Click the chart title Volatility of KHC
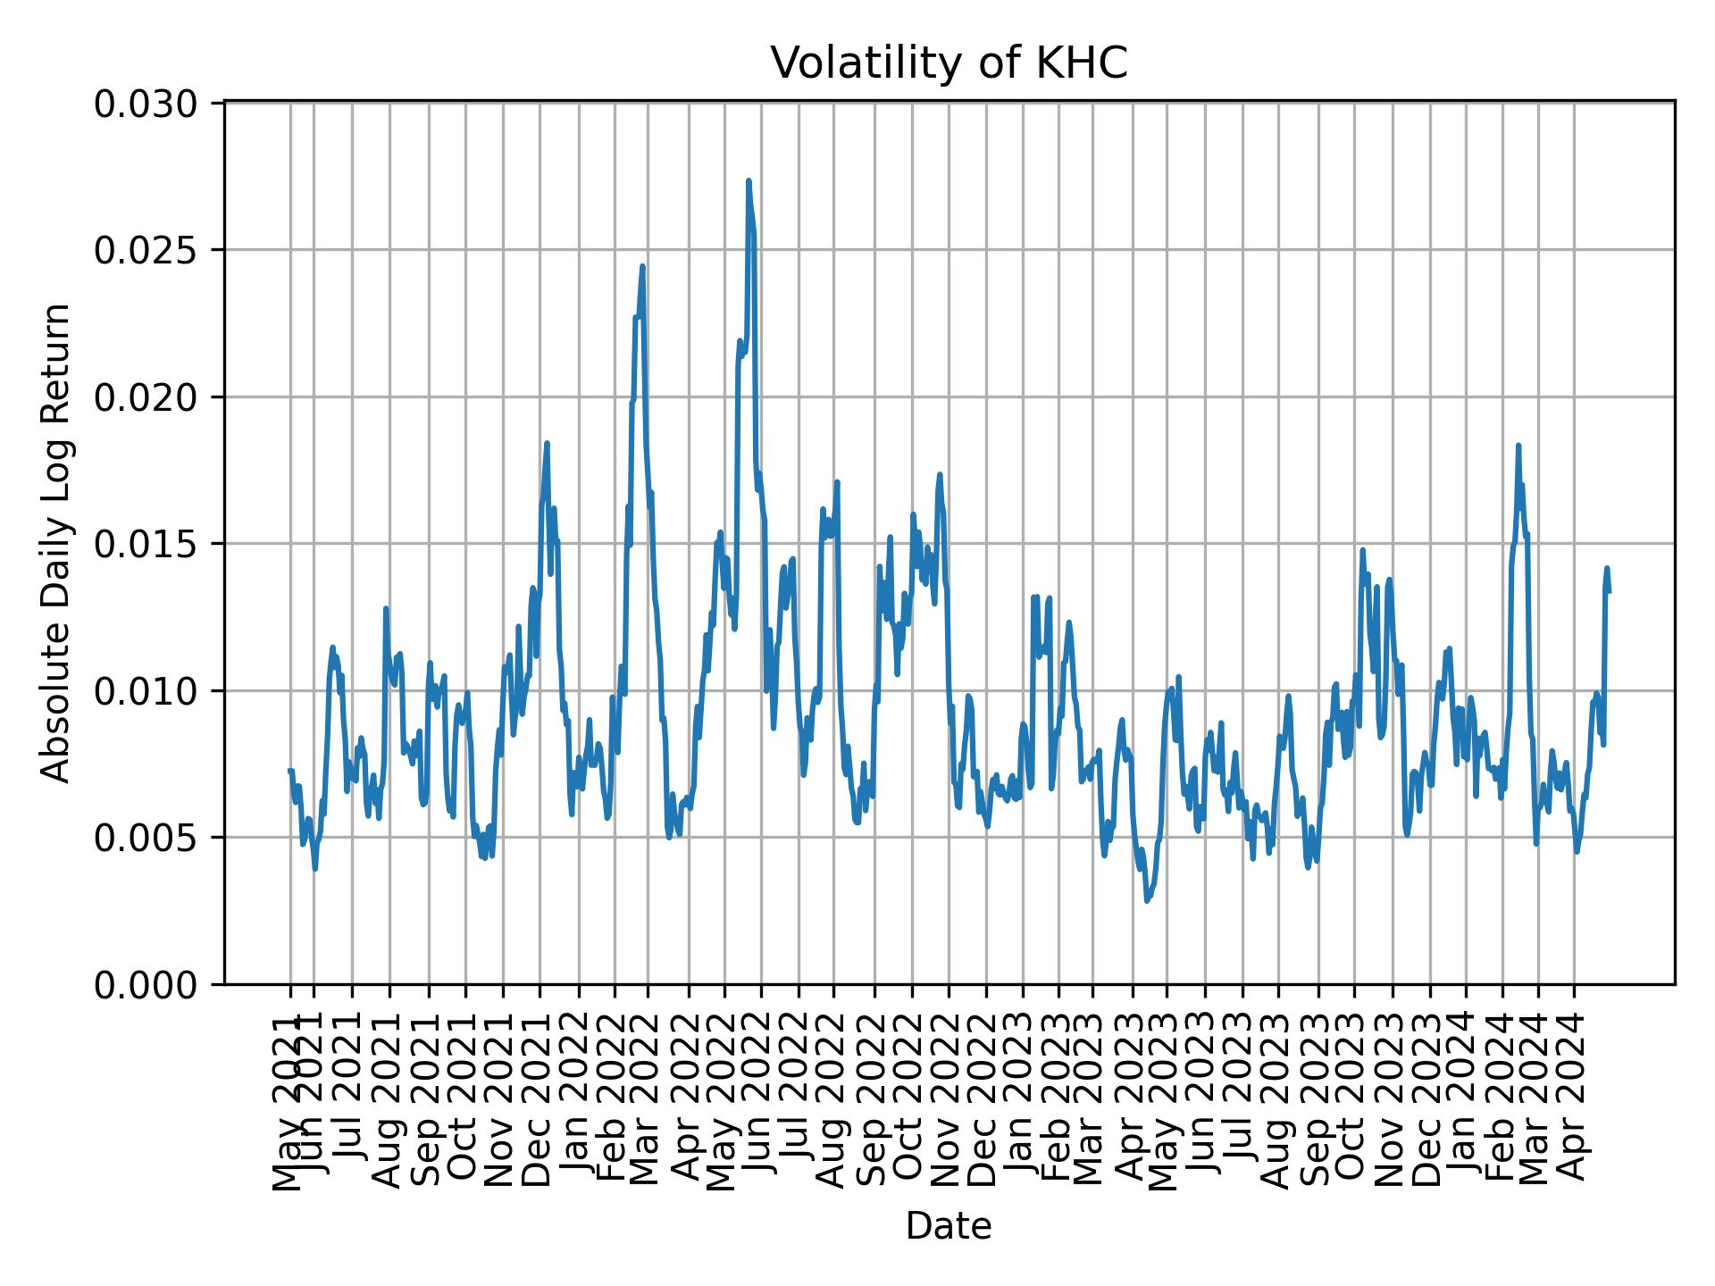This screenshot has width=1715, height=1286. [x=949, y=63]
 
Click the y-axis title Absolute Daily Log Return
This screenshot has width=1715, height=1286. [x=57, y=543]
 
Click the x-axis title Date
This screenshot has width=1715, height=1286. [x=949, y=1226]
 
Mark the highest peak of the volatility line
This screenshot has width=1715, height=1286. [x=749, y=180]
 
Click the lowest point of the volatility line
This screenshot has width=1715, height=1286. [x=1147, y=900]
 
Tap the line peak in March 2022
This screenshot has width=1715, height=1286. [x=642, y=266]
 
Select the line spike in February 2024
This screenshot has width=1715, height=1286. [x=1518, y=445]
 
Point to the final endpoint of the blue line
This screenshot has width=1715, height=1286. [x=1609, y=591]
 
